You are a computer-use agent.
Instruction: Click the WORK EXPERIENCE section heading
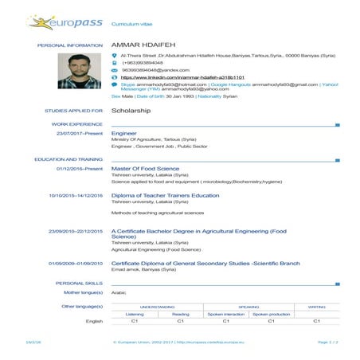click(x=77, y=124)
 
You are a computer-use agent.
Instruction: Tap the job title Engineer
click(x=124, y=133)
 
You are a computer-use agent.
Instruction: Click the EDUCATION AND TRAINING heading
click(x=70, y=159)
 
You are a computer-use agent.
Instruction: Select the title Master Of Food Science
click(x=145, y=168)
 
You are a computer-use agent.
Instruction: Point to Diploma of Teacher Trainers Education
click(x=165, y=194)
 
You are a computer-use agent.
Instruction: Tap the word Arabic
click(x=119, y=292)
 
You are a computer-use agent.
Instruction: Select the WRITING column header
click(x=316, y=306)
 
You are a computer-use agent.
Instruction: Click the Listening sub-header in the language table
click(x=135, y=313)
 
